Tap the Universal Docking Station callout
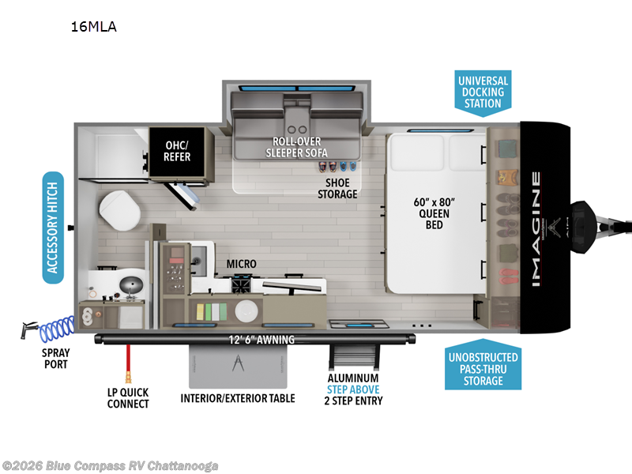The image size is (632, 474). [x=482, y=92]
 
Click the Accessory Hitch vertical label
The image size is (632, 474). [x=53, y=228]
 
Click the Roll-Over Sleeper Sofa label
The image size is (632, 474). [x=299, y=147]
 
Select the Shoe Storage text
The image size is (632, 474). [x=337, y=188]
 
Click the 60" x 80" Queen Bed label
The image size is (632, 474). [x=434, y=213]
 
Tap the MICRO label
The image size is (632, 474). [x=241, y=264]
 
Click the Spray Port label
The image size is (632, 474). [x=56, y=358]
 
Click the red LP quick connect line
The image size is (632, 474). [x=125, y=363]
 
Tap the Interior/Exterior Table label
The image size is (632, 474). [x=238, y=398]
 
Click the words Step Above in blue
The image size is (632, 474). [x=354, y=389]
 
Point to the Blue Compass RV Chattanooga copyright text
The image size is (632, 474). [x=110, y=465]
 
